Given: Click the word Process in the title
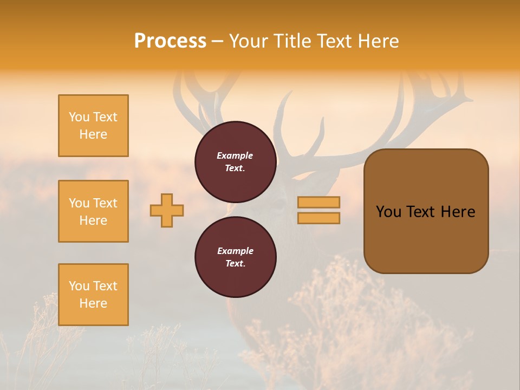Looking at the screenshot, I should click(x=170, y=41).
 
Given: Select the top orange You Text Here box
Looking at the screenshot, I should click(x=93, y=126).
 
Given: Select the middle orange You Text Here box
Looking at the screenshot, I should click(x=93, y=211).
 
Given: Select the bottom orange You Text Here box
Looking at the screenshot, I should click(x=93, y=295).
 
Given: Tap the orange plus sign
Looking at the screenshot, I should click(x=167, y=210).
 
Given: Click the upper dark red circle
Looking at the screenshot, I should click(x=235, y=162).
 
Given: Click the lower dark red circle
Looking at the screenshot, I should click(x=235, y=257).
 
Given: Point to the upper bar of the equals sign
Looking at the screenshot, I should click(x=318, y=202).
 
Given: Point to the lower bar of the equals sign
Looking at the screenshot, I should click(x=318, y=218).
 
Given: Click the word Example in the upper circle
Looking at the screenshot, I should click(x=235, y=155).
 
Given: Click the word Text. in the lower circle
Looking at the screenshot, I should click(x=235, y=264).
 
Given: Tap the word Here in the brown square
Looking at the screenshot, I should click(x=458, y=212).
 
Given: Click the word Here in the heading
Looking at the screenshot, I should click(x=379, y=41).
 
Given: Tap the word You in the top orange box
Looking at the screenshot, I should click(x=79, y=117).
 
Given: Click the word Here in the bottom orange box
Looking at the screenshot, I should click(x=93, y=303).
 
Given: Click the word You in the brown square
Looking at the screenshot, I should click(x=388, y=212).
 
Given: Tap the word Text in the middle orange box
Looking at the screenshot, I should click(x=105, y=203).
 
